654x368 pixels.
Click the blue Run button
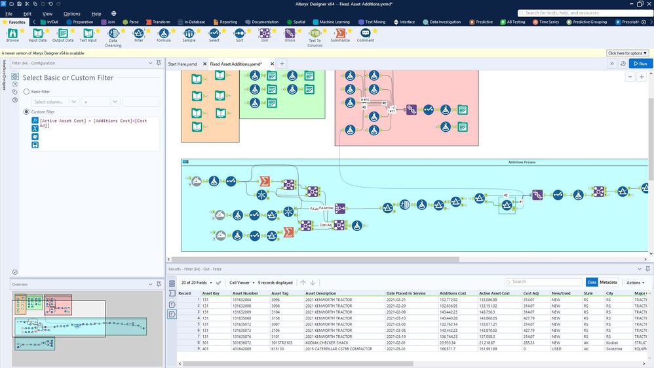click(640, 64)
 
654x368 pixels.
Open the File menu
click(9, 13)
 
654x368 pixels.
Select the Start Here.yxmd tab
click(182, 64)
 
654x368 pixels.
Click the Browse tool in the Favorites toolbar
click(12, 34)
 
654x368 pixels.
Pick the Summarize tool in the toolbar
click(340, 34)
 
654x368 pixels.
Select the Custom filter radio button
click(27, 112)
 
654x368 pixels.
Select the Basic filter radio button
click(27, 92)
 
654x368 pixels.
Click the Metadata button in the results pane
click(609, 282)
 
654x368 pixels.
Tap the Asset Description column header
click(320, 293)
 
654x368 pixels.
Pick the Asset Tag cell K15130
click(279, 349)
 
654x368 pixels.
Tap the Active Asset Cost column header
click(494, 293)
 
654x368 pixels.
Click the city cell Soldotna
click(615, 349)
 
